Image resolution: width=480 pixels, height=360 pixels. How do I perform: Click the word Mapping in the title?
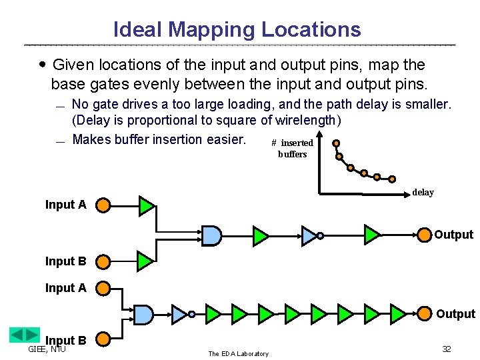[x=211, y=30]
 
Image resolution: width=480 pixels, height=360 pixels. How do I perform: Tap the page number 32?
[x=447, y=349]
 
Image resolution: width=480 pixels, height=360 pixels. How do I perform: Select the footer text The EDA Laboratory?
[x=238, y=353]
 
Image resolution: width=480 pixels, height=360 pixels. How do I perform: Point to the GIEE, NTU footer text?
[x=47, y=349]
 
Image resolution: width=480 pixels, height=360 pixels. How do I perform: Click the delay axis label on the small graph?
[x=423, y=193]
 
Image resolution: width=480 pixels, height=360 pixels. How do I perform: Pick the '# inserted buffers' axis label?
[x=292, y=149]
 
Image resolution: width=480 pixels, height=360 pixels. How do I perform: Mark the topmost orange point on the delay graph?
[x=336, y=143]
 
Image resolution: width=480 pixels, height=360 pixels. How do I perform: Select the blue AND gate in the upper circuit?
[x=211, y=235]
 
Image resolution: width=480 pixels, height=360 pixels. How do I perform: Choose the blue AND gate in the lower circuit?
[x=143, y=313]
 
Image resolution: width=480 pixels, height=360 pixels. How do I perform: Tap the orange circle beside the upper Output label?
[x=423, y=235]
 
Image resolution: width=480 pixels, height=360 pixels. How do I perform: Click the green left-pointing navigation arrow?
[x=17, y=335]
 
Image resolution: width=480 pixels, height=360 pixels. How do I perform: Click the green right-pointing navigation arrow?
[x=32, y=335]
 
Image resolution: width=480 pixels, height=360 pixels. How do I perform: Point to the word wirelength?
[x=307, y=121]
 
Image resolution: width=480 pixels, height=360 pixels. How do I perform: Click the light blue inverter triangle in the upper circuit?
[x=310, y=235]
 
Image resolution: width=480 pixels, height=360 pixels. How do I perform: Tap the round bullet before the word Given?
[x=43, y=65]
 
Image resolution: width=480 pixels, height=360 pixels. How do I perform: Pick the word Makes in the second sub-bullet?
[x=91, y=139]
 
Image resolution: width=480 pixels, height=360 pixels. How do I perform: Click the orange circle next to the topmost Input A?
[x=103, y=205]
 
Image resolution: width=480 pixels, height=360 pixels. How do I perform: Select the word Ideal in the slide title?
[x=138, y=30]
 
